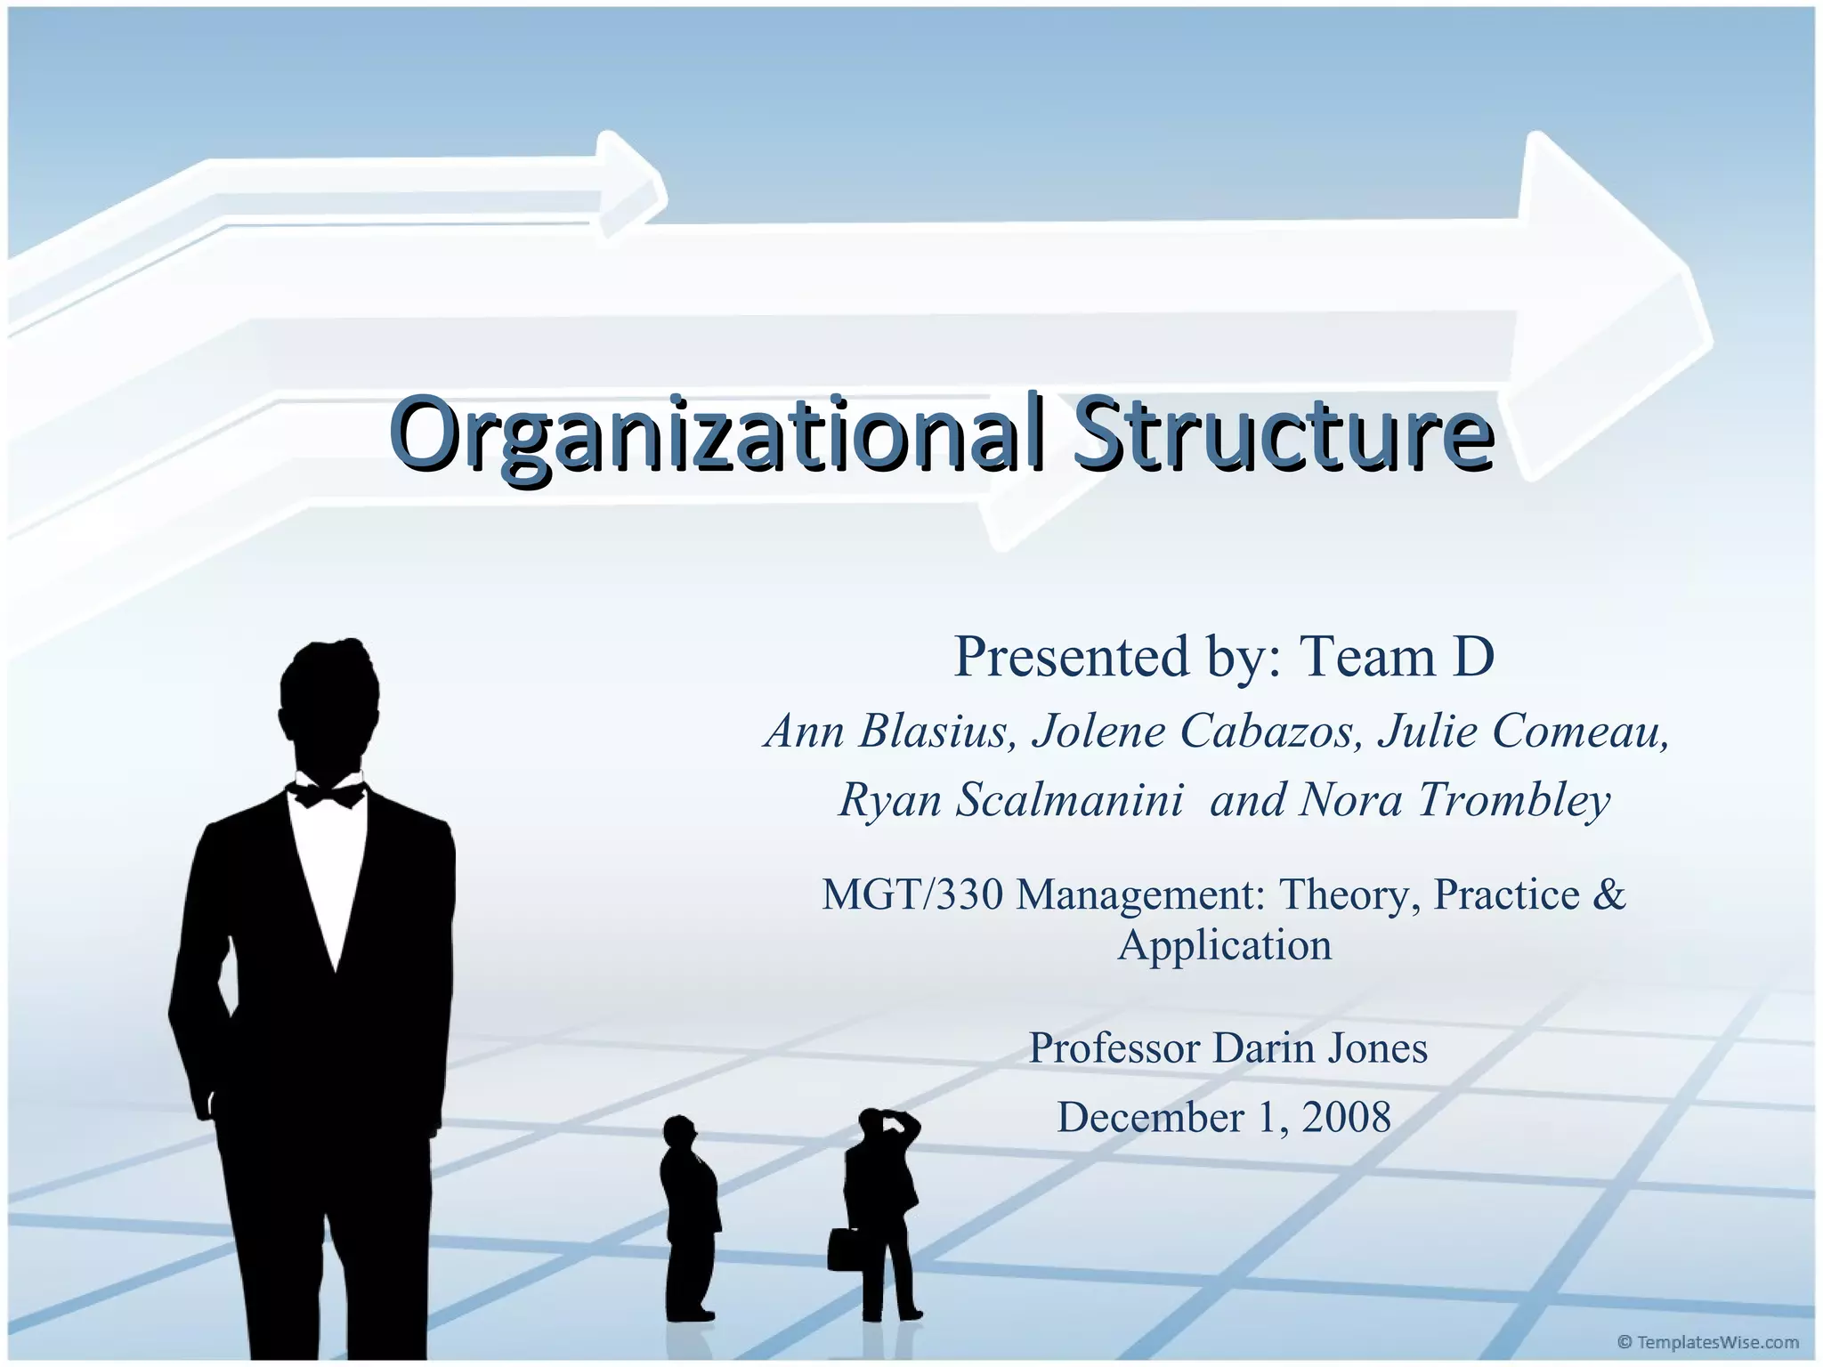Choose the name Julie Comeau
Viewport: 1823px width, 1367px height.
click(1523, 732)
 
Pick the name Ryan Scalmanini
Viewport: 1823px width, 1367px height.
click(1011, 799)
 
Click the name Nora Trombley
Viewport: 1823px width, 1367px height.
click(1454, 799)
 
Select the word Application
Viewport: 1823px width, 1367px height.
click(1225, 945)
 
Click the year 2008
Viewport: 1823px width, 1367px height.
click(1346, 1117)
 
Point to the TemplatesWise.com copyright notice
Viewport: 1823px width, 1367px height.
click(1707, 1342)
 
